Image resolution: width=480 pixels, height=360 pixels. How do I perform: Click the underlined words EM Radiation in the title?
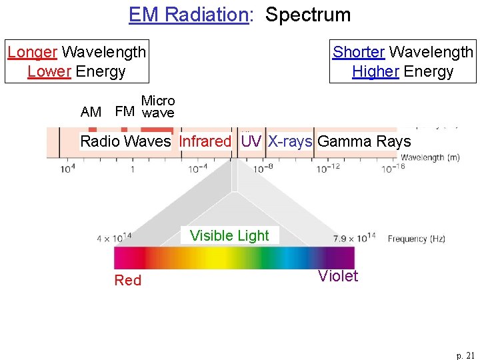(x=189, y=15)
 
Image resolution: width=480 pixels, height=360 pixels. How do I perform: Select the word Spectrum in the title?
(x=308, y=15)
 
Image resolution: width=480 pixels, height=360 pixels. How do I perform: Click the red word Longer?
(x=33, y=51)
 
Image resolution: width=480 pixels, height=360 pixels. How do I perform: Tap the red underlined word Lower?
(x=49, y=71)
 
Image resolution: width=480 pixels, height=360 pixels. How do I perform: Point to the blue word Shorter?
(x=359, y=51)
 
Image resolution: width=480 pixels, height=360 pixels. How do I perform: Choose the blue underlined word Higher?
(x=375, y=71)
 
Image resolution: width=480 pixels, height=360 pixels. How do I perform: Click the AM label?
(x=91, y=112)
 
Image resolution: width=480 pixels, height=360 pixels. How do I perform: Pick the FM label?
(x=125, y=111)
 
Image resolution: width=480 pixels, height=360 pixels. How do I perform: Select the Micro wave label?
(x=158, y=107)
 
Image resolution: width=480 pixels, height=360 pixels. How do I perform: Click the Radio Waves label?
(x=125, y=141)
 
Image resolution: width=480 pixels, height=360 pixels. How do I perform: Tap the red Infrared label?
(x=205, y=141)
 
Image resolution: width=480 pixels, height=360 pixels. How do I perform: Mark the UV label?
(x=251, y=141)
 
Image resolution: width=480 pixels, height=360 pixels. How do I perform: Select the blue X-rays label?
(x=290, y=141)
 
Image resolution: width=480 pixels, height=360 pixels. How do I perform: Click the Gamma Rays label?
(x=364, y=141)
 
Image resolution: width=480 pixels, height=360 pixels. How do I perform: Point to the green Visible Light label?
(x=229, y=235)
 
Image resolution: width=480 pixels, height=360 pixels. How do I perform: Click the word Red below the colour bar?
(x=127, y=280)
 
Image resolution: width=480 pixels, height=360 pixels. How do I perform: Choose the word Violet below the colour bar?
(x=338, y=276)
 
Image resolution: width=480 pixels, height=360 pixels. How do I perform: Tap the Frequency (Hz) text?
(x=417, y=239)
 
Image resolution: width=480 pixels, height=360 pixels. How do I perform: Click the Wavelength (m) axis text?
(x=430, y=158)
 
